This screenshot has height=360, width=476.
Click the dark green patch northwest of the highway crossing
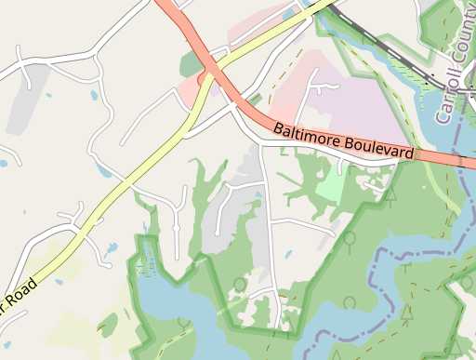point(192,64)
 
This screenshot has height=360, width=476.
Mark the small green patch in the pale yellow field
point(108,325)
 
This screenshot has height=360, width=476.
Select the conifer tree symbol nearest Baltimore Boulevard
point(391,196)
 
